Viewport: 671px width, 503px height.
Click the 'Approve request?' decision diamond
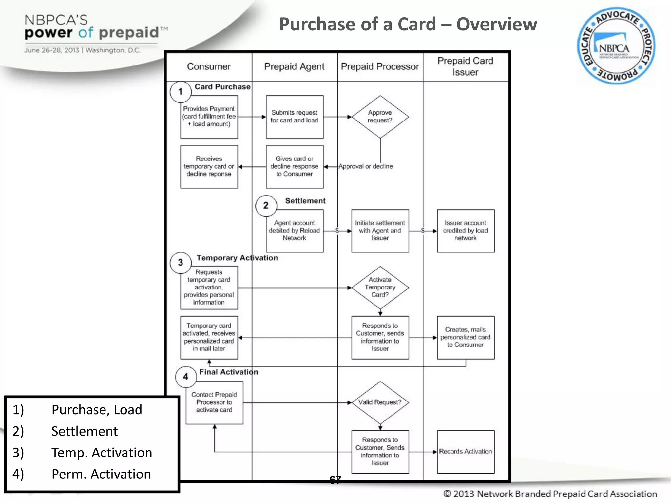coord(380,117)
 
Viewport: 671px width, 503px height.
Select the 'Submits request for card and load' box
coord(294,117)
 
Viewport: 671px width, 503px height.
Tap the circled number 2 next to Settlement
coord(266,206)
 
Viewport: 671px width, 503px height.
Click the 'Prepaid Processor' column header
coord(380,66)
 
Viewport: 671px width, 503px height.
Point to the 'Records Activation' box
coord(465,452)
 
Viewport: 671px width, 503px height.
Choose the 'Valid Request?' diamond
coord(380,402)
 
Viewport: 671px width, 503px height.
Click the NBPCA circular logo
coord(616,46)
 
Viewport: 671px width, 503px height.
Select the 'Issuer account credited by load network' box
coord(465,231)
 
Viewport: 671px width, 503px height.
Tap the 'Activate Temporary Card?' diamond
coord(380,287)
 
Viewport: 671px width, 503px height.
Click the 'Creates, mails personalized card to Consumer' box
coord(465,337)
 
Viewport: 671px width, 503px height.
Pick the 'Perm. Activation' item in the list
coord(101,474)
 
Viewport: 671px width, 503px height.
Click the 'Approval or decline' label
coord(366,166)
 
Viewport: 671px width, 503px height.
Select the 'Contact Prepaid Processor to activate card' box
coord(214,402)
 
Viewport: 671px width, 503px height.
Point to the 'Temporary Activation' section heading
coord(237,258)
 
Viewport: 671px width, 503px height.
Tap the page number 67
coord(335,480)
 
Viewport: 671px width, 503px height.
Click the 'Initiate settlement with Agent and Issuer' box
coord(380,231)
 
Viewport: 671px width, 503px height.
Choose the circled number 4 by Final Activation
coord(186,377)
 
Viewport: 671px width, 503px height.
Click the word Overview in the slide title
coord(496,24)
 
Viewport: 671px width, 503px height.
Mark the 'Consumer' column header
coord(209,66)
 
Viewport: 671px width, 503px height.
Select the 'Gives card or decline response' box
coord(294,166)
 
